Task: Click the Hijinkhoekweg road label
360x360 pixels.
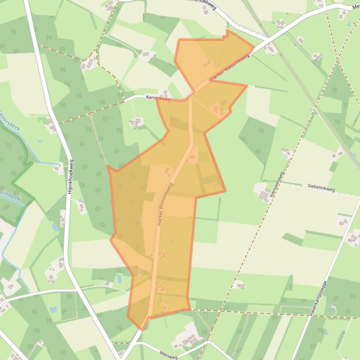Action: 71,177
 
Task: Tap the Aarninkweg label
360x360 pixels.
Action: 158,98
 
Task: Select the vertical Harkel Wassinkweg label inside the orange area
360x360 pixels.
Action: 165,205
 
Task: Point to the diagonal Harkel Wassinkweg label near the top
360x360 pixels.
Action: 229,69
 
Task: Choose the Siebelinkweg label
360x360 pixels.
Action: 321,187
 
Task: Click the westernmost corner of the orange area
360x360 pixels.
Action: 107,166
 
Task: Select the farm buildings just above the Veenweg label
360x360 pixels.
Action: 187,338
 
